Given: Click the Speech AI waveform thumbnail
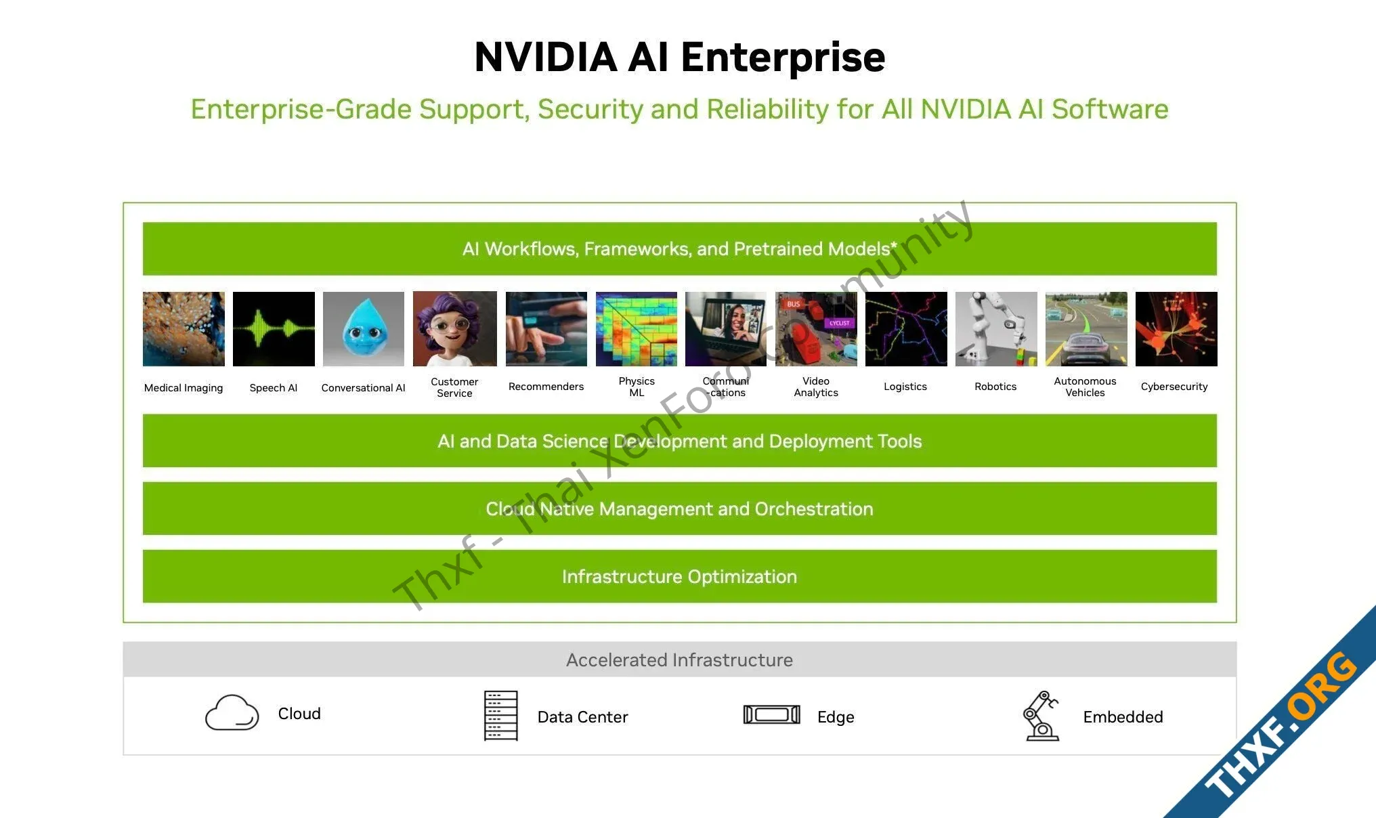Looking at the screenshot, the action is point(274,329).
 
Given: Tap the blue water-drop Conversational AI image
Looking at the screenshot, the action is point(364,329).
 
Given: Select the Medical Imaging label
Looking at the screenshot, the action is point(184,388).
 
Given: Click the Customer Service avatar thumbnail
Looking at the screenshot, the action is point(454,329).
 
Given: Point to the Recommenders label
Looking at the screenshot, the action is point(546,387).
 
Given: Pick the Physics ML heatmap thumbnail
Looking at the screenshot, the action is point(637,329).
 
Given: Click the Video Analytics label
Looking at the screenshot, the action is point(816,387).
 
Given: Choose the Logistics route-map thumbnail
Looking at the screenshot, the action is point(906,329).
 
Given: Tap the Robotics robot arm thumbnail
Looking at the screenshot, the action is point(996,329).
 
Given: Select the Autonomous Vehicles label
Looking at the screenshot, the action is point(1085,387).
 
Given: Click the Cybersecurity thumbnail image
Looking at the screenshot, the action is point(1176,329).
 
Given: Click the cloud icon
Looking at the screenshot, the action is point(232,712).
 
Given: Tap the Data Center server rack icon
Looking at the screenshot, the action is point(501,716).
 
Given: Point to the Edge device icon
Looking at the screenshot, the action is point(772,714).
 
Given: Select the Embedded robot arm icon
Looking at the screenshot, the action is point(1041,716).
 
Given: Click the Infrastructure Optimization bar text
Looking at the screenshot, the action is point(679,576).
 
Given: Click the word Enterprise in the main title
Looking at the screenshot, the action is point(783,57).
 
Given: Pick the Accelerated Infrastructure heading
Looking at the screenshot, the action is point(679,660).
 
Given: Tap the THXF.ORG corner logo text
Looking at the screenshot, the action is point(1282,725).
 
